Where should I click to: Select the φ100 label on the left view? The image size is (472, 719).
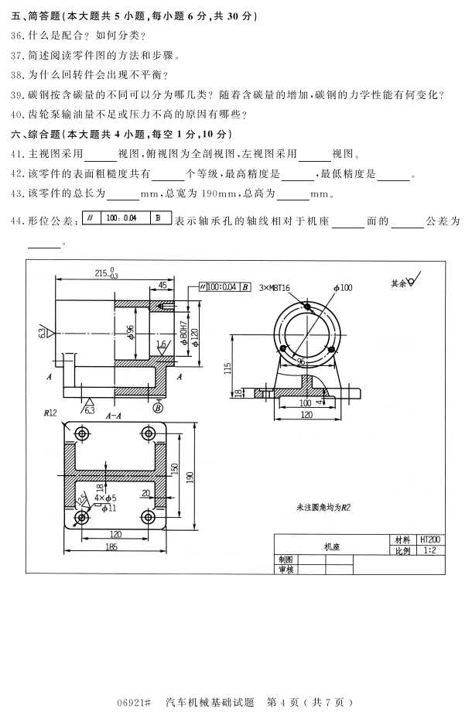(343, 288)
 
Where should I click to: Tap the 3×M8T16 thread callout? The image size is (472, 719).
(275, 288)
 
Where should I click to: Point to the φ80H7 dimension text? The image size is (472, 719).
(183, 334)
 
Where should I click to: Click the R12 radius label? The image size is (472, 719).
(51, 413)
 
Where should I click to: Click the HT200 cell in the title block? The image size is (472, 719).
(429, 539)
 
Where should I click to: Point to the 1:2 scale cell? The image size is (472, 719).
(429, 550)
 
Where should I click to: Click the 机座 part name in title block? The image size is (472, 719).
(331, 546)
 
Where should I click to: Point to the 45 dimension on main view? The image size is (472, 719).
(162, 286)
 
